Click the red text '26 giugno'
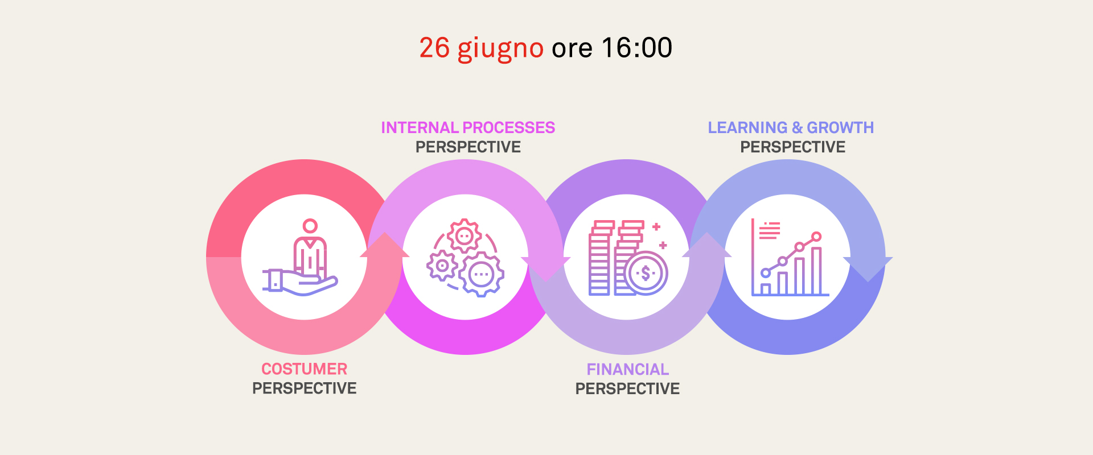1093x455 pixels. coord(481,48)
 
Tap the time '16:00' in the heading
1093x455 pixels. coord(636,48)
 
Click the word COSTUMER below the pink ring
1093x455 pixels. coord(304,369)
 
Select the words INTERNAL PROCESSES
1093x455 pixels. coord(468,127)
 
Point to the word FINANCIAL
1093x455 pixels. coord(627,370)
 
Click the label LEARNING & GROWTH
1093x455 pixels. coord(791,127)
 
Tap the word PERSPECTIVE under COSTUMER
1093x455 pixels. coord(305,388)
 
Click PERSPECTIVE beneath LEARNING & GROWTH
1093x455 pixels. coord(792,147)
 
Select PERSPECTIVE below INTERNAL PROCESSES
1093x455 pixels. coord(468,147)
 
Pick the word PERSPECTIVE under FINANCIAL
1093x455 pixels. coord(627,389)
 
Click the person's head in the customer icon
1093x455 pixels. coord(310,226)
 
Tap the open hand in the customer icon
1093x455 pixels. coord(300,282)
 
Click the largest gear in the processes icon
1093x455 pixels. coord(482,274)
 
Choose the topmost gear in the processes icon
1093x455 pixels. coord(464,235)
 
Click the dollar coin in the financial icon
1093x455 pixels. coord(646,274)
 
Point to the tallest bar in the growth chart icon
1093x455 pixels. coord(816,271)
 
